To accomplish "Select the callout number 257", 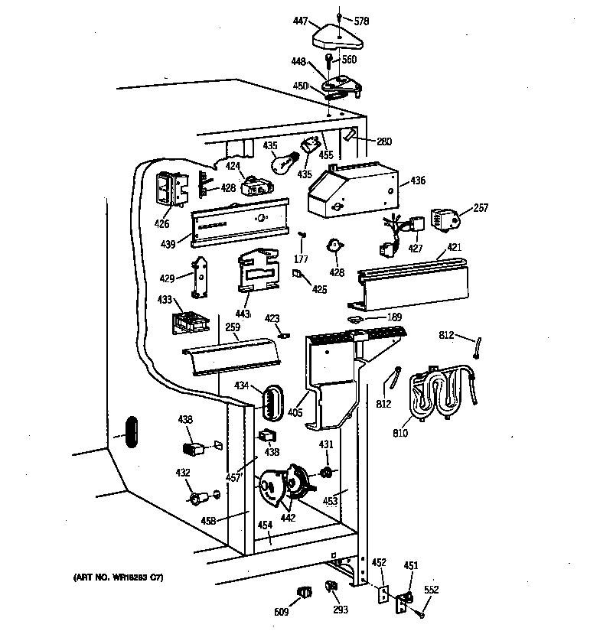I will tap(481, 208).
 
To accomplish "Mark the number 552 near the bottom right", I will tap(432, 590).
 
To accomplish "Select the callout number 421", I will tap(454, 249).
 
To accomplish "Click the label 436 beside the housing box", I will tap(418, 181).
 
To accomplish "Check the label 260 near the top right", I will tap(383, 141).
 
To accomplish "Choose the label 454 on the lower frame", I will tap(265, 525).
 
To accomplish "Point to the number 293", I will tap(340, 610).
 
